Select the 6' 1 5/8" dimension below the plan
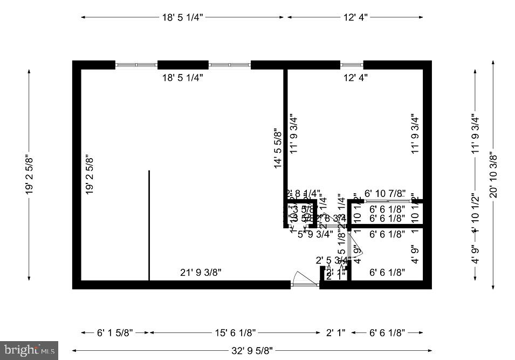[115, 332]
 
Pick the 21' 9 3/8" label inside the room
[201, 273]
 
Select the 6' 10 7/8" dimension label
[385, 193]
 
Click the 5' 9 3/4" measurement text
[315, 234]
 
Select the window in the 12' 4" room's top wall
[352, 65]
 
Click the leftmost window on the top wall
[136, 65]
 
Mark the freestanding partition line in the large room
[149, 225]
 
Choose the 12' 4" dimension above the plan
[355, 17]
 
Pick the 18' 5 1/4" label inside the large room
[183, 78]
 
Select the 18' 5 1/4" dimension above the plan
[183, 17]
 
